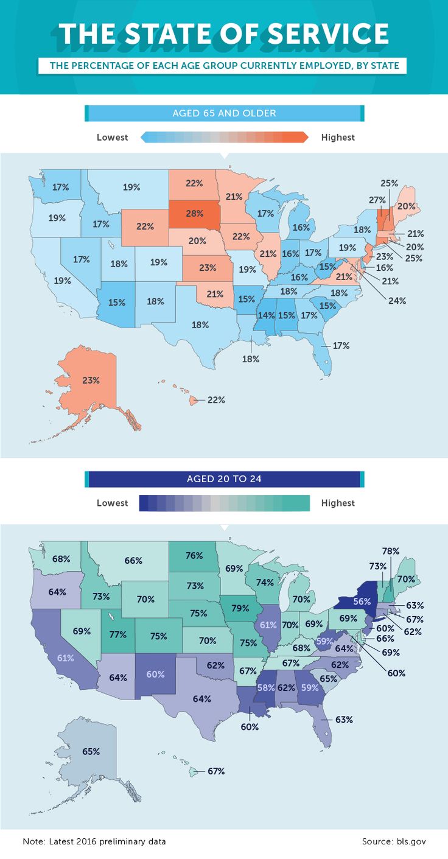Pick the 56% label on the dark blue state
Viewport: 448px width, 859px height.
click(362, 601)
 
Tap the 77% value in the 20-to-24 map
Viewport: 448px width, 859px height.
click(117, 634)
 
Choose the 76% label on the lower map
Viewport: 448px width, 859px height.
click(194, 555)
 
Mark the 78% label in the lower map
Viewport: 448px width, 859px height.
click(390, 551)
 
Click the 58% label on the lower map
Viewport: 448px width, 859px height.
click(265, 687)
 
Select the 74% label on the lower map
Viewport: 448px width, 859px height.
click(265, 582)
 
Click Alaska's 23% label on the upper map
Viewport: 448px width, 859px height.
click(91, 380)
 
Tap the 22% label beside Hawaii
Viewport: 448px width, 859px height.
click(216, 400)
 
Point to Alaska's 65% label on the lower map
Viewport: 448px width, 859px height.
click(91, 751)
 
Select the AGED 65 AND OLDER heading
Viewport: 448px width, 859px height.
click(224, 113)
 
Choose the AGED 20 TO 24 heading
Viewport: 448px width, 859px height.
click(224, 479)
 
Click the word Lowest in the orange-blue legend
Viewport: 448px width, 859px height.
click(112, 138)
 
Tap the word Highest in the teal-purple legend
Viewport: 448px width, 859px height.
click(338, 503)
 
